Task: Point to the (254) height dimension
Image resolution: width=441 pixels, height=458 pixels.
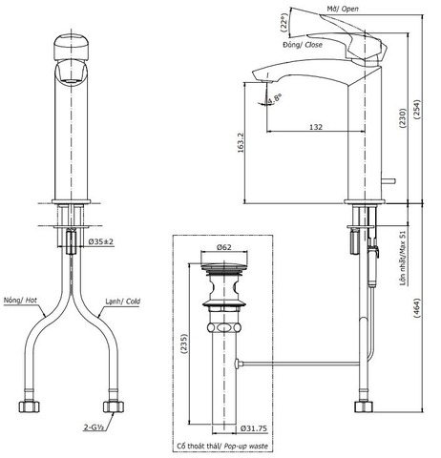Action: pyautogui.click(x=421, y=104)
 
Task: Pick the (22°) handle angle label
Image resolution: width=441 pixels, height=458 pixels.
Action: pyautogui.click(x=283, y=21)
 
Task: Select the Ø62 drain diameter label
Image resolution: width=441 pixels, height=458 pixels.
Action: pyautogui.click(x=224, y=248)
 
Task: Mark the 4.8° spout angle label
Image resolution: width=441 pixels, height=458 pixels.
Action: pyautogui.click(x=276, y=99)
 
